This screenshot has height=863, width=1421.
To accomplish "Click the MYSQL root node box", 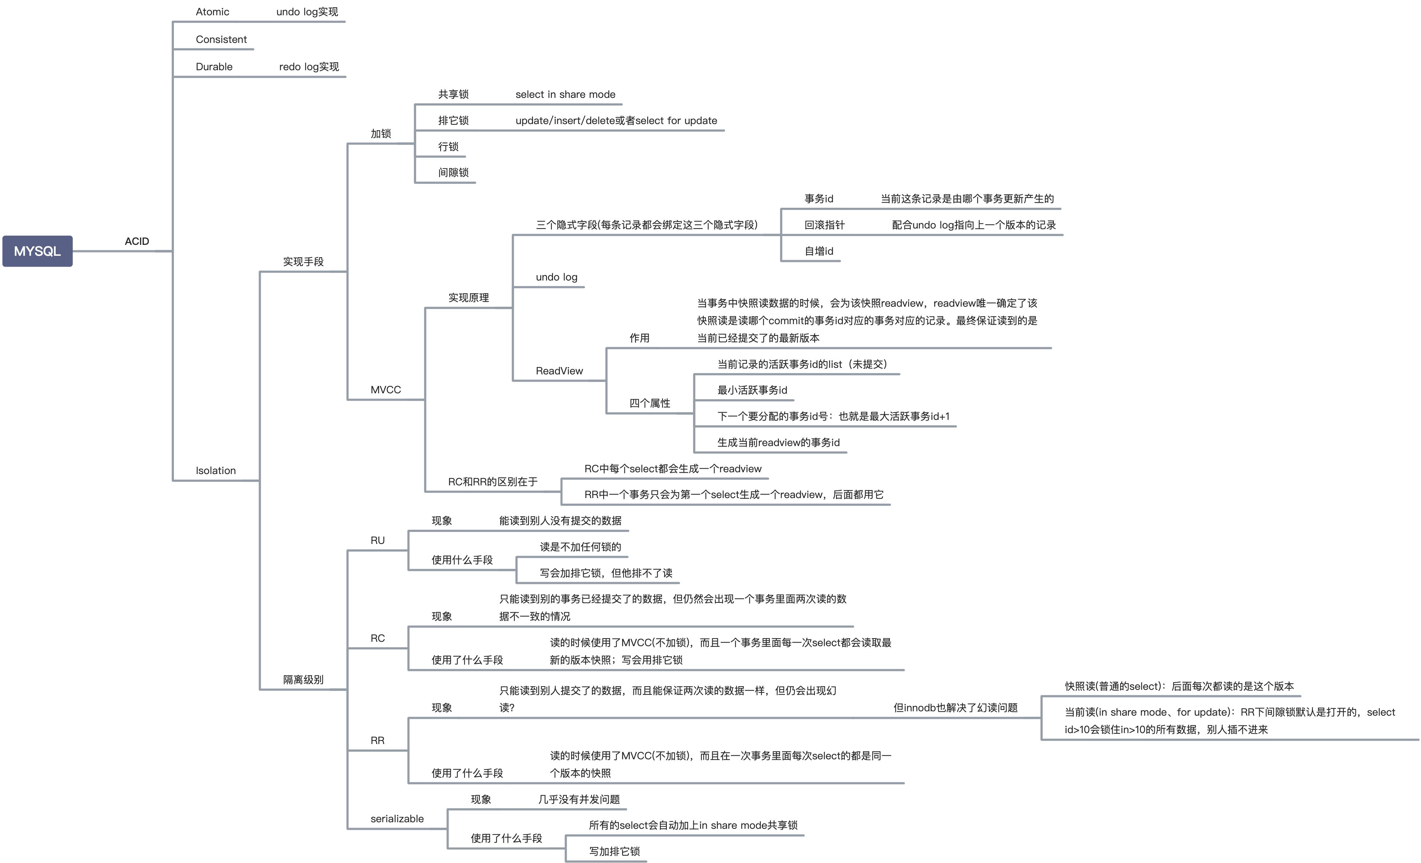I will coord(37,251).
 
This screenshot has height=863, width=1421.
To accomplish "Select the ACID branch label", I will coord(137,241).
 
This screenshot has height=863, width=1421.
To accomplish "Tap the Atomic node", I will coord(212,12).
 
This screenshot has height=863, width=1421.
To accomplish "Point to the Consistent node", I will coord(221,39).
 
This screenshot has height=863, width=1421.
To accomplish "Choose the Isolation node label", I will coord(216,470).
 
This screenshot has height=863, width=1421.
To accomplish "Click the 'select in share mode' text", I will coord(565,94).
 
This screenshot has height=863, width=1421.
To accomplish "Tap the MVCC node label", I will coord(385,389).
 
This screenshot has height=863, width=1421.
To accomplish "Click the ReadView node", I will coord(559,370).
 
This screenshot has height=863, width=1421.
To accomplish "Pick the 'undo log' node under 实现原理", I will coord(556,277).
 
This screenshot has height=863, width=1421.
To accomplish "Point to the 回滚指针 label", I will coord(824,225).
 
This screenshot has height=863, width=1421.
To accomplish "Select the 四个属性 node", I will coord(649,403).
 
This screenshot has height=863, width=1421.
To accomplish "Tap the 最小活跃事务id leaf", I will coord(752,390).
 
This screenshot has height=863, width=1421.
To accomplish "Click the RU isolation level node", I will coord(377,540).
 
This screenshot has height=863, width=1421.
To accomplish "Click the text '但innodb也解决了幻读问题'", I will coord(955,707).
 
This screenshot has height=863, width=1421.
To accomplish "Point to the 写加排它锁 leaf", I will coord(614,851).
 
